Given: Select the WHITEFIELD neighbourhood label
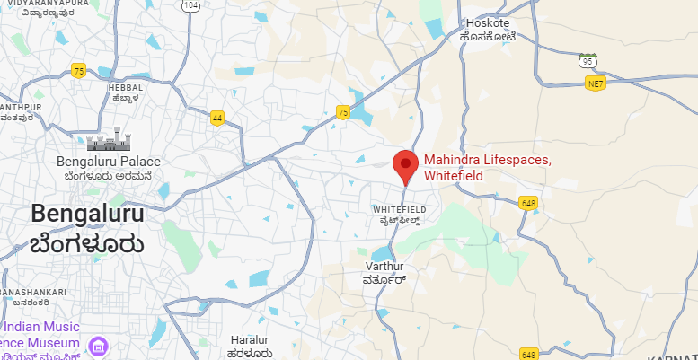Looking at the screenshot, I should point(397,208).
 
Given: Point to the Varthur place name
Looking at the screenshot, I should point(386,267).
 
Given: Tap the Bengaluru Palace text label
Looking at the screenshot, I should point(108,162).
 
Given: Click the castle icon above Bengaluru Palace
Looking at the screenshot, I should point(109,142).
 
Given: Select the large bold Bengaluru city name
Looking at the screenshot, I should point(87,213).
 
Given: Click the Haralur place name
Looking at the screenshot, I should point(250,340).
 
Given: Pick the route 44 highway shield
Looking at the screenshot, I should point(217,118).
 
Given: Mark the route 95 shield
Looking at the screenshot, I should point(588,61).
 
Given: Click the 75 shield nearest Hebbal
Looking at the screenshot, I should point(79,71).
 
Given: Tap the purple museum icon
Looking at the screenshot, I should point(99,347).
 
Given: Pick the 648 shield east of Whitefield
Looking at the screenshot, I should point(528,204).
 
